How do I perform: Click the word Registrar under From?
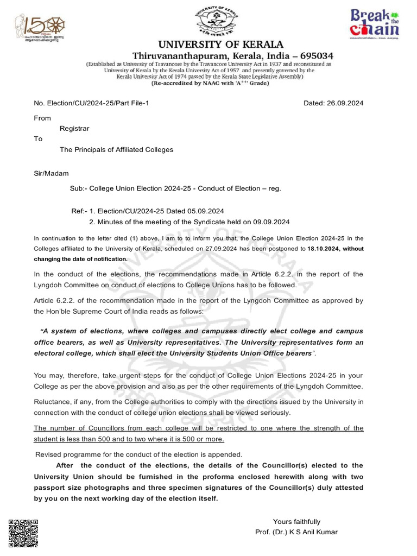(x=74, y=129)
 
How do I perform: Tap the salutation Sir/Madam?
(x=52, y=173)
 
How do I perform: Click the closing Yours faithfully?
(x=296, y=521)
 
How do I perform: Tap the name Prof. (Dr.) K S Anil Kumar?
(x=296, y=532)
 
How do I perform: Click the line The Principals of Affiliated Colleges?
(x=116, y=149)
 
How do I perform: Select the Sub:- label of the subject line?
(x=79, y=188)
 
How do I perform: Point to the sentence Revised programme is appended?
(x=138, y=454)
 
